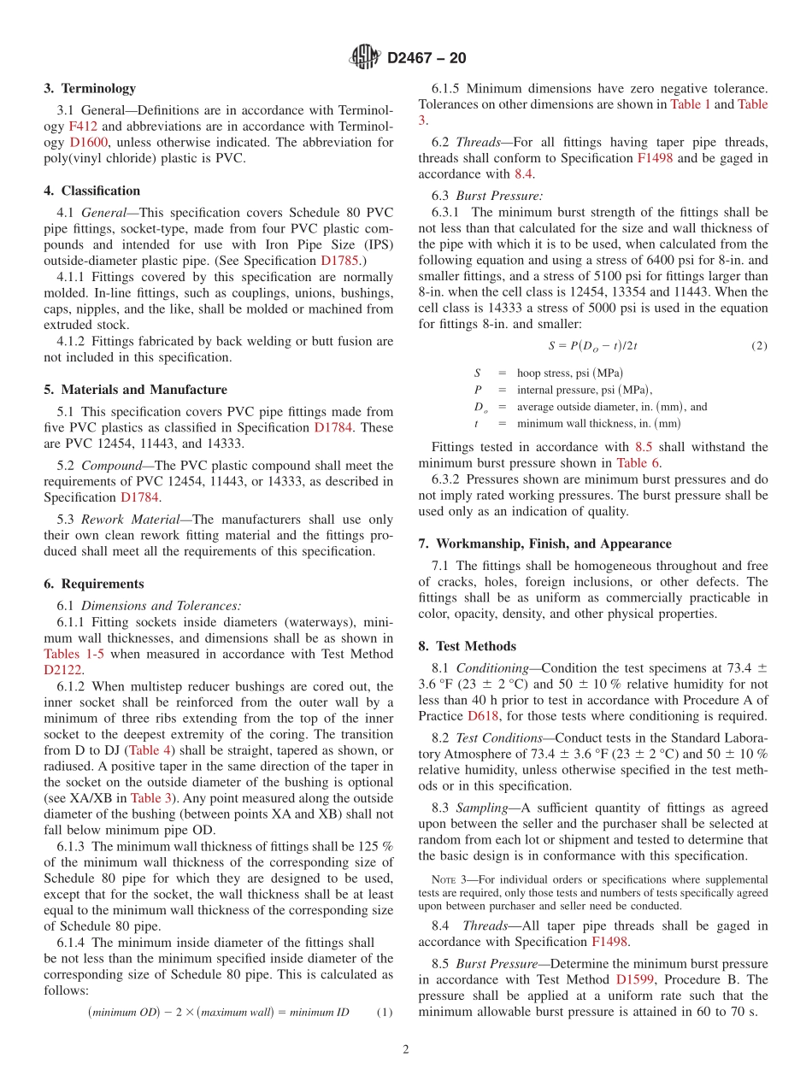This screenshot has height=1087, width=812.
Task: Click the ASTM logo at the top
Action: click(365, 58)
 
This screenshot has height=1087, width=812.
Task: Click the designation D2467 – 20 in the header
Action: click(427, 59)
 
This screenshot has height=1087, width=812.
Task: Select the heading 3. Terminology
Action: click(90, 88)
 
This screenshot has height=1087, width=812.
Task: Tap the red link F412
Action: click(82, 126)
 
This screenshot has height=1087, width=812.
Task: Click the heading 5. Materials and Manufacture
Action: click(135, 390)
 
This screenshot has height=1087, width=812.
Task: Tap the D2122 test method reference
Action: click(63, 670)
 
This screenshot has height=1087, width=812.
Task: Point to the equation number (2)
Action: click(759, 346)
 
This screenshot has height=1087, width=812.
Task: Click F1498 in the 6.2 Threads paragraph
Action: click(654, 158)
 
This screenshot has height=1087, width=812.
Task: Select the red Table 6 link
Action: click(638, 463)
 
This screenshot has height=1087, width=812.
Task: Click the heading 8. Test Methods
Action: click(467, 646)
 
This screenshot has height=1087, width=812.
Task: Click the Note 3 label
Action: click(449, 879)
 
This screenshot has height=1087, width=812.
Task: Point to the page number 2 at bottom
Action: click(406, 1049)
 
